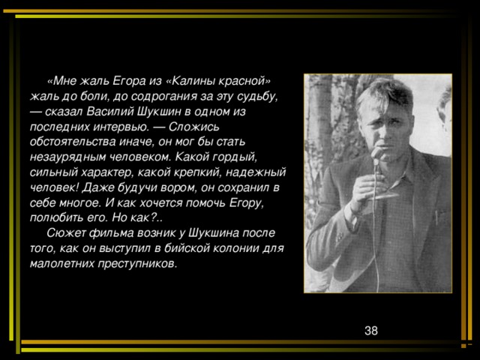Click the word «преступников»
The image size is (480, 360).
(x=134, y=263)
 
